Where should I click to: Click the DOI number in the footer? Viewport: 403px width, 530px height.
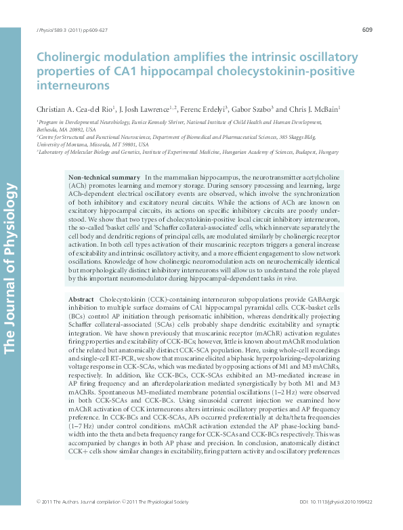tap(336, 520)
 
